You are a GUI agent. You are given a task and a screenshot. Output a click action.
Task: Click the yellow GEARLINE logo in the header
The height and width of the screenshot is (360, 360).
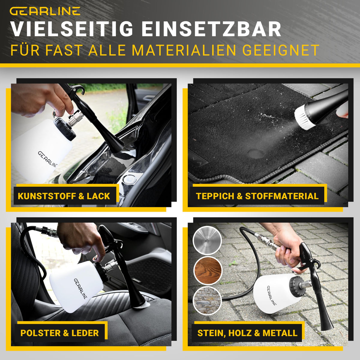point(45,11)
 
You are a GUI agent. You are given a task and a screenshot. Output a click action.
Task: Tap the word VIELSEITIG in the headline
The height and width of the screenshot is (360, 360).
point(72,29)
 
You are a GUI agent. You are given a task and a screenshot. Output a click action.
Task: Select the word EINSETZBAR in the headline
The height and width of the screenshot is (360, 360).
point(211,29)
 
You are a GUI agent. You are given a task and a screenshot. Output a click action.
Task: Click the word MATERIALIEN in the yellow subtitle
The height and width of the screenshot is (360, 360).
point(184,50)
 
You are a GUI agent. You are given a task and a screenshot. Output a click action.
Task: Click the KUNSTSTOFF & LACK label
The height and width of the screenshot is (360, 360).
point(64,196)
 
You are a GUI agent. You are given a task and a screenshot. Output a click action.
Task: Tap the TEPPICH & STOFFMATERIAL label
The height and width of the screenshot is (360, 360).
point(257,196)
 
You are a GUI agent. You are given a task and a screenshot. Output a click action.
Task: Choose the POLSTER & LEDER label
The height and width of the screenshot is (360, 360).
point(60,333)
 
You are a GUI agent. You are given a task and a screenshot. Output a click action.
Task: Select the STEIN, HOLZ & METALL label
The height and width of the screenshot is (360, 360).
point(247,333)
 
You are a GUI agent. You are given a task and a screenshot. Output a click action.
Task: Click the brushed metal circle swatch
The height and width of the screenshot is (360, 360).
point(207,240)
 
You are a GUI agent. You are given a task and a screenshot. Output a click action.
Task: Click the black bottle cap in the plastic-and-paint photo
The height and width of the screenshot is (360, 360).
point(64,128)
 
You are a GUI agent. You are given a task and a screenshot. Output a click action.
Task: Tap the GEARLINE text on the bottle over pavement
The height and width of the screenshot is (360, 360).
point(271,295)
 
